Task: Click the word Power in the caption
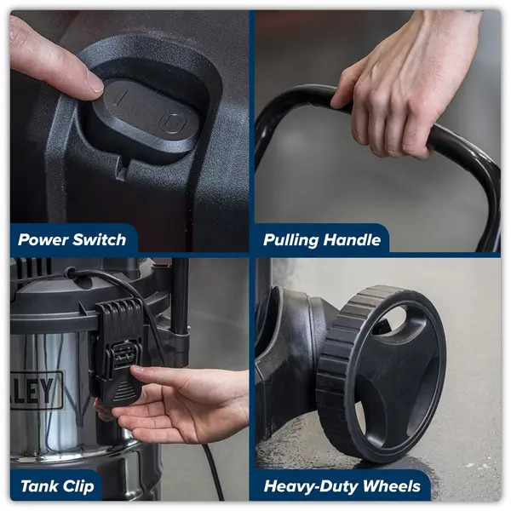[x=44, y=240]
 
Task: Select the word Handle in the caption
[x=353, y=240]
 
